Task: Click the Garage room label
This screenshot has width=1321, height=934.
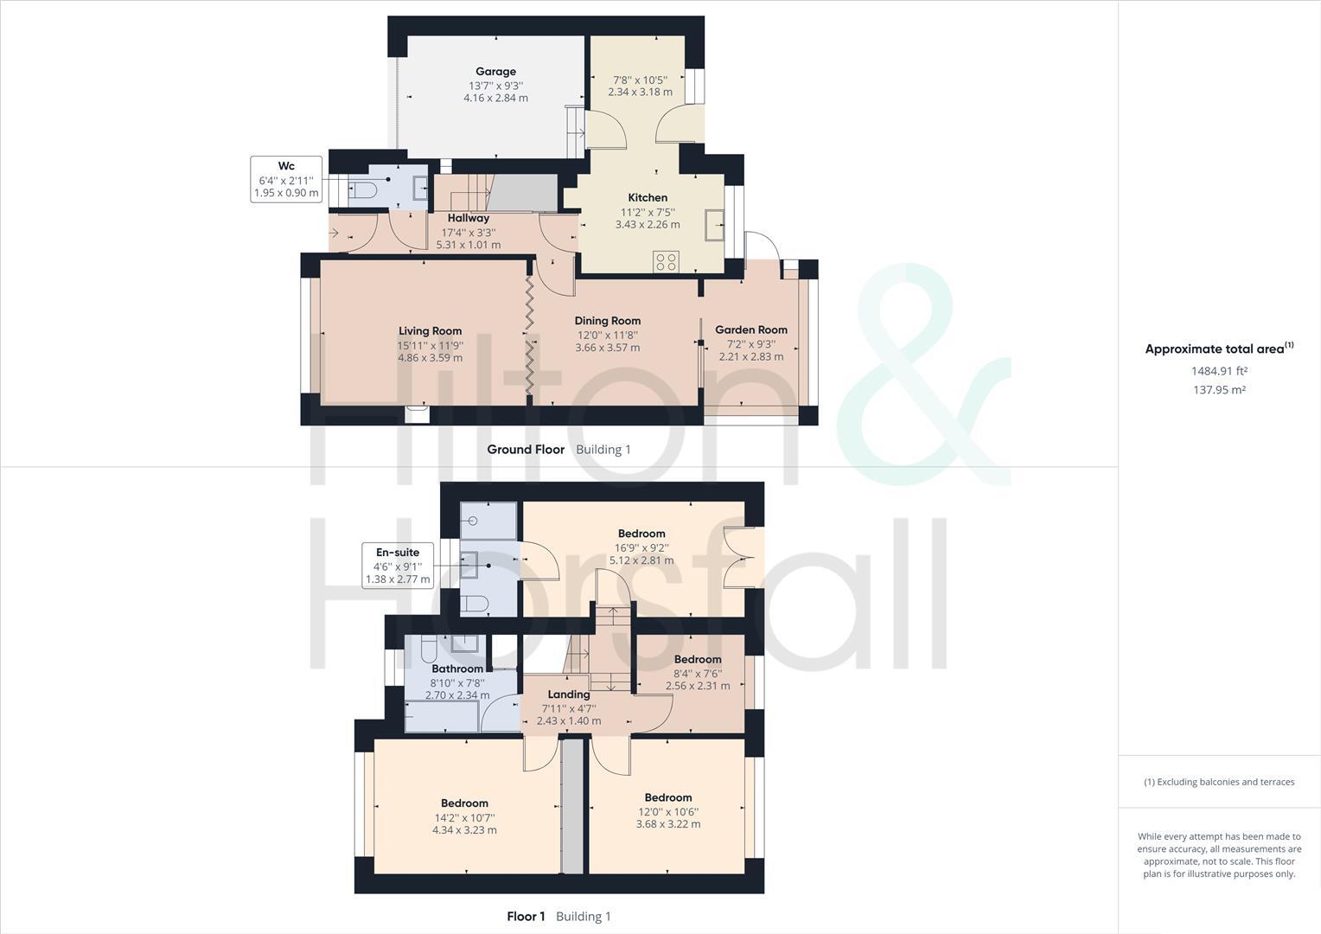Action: (495, 72)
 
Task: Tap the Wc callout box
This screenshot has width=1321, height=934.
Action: (286, 179)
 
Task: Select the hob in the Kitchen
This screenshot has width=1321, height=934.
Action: (667, 261)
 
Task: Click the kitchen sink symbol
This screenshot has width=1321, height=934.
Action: (715, 225)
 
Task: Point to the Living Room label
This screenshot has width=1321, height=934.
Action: (430, 330)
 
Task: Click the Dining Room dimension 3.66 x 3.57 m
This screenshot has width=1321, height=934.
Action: (607, 348)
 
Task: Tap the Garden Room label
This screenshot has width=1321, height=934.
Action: (750, 329)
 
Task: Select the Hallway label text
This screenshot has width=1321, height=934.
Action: (468, 218)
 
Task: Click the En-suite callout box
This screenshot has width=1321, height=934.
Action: (397, 566)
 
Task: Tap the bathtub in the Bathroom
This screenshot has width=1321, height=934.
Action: (441, 716)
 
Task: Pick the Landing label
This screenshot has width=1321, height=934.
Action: (568, 694)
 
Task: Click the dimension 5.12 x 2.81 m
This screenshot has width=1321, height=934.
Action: (641, 560)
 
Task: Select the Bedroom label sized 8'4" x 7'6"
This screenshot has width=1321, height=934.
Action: (697, 660)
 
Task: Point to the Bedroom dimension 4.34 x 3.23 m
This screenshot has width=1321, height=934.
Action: (464, 830)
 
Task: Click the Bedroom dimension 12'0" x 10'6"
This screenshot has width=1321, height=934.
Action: (667, 812)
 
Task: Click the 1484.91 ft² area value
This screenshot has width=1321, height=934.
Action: (1218, 371)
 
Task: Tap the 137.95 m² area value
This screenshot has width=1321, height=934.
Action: (1218, 390)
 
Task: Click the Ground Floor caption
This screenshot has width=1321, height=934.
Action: (526, 450)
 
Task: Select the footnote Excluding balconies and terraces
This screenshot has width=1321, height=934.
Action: (1219, 782)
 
